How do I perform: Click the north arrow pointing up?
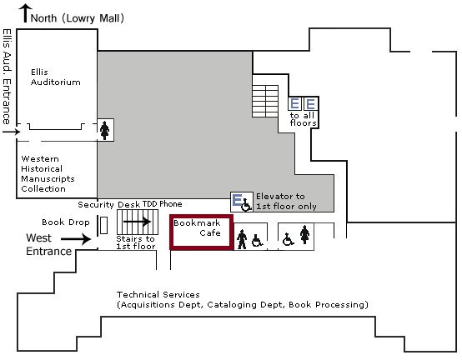(x=26, y=13)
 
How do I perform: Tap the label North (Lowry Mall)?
(x=78, y=18)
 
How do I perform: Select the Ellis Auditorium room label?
(x=55, y=77)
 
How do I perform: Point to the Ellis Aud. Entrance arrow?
(x=11, y=132)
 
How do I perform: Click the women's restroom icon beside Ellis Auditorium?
(x=104, y=130)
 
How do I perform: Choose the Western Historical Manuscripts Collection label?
(x=48, y=173)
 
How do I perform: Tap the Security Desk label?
(x=108, y=204)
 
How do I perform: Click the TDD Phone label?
(x=163, y=204)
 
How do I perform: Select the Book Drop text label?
(x=66, y=222)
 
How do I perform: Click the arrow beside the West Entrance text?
(x=76, y=238)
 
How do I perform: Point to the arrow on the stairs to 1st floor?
(x=138, y=222)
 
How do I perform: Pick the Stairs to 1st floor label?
(x=136, y=242)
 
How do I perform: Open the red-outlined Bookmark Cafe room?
(x=202, y=232)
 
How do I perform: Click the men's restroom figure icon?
(x=242, y=239)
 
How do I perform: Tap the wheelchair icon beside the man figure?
(x=258, y=240)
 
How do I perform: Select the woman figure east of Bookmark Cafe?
(x=304, y=235)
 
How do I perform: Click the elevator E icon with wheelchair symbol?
(x=242, y=202)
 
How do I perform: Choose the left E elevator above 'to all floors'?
(x=295, y=103)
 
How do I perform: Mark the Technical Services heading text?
(x=158, y=295)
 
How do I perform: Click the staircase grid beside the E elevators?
(x=265, y=102)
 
